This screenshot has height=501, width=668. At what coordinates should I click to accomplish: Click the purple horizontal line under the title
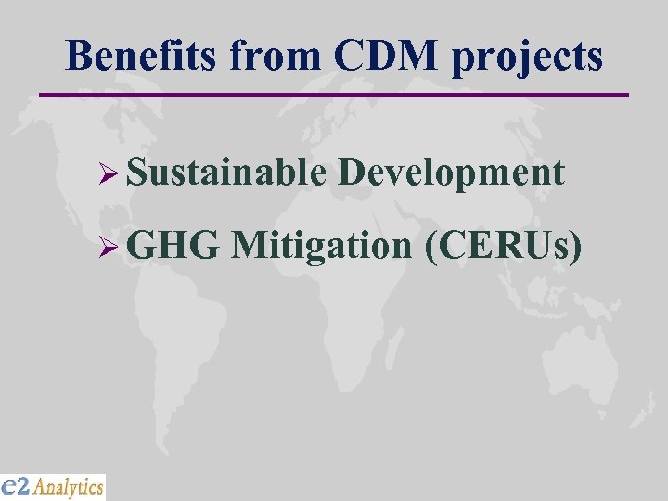pyautogui.click(x=334, y=94)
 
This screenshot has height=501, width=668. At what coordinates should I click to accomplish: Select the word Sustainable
pyautogui.click(x=227, y=173)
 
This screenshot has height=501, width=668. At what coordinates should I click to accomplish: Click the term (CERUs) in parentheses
pyautogui.click(x=503, y=247)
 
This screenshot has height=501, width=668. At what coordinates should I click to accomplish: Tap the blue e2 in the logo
pyautogui.click(x=18, y=485)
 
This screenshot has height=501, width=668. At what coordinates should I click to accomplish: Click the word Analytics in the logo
pyautogui.click(x=70, y=486)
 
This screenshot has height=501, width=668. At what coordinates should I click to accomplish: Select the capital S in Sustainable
pyautogui.click(x=137, y=173)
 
